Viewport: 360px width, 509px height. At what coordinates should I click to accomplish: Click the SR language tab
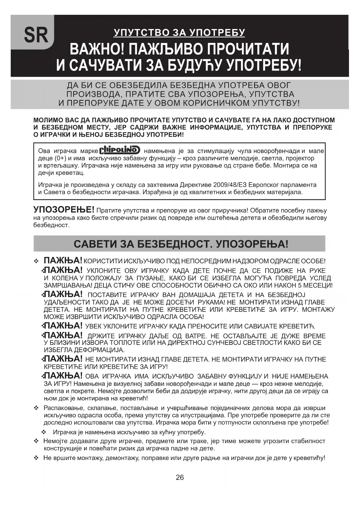point(36,35)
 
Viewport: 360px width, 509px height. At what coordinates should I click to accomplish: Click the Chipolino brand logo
point(120,150)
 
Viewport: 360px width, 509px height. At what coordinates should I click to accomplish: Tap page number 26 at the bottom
point(180,477)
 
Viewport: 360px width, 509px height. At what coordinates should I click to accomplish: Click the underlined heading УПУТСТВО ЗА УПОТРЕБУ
point(180,33)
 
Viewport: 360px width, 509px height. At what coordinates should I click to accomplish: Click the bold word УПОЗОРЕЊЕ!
point(64,210)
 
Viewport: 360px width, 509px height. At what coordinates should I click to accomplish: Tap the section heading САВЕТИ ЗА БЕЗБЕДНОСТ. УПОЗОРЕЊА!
point(181,244)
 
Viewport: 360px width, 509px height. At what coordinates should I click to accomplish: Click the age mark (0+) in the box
point(60,158)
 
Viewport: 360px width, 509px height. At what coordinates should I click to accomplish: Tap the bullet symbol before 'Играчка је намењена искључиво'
point(44,432)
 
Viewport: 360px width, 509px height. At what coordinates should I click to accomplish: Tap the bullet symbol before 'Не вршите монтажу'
point(36,458)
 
